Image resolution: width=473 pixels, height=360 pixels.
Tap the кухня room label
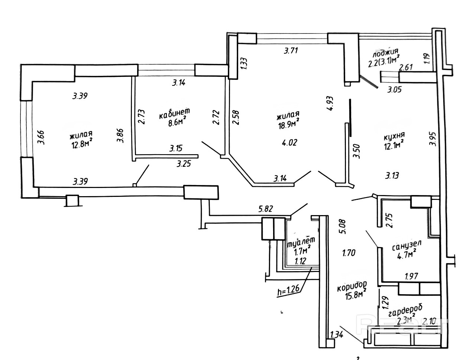[x=394, y=136]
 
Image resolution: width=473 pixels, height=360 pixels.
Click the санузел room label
[x=406, y=246]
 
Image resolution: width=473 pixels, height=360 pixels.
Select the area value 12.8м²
[x=82, y=144]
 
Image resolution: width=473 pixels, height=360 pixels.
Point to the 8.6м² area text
[x=177, y=123]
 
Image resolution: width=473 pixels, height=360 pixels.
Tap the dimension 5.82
[x=265, y=208]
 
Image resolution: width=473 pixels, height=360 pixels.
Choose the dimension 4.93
[x=330, y=103]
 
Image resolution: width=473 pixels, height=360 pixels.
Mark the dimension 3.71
[x=291, y=51]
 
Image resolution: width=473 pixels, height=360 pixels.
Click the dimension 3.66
[x=41, y=137]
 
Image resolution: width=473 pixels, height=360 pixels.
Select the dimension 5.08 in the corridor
[x=342, y=227]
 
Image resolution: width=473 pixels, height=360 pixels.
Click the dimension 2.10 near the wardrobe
[x=429, y=322]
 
